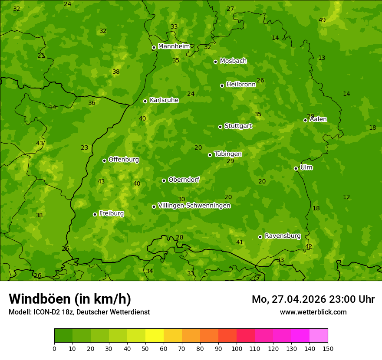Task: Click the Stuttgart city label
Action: point(238,126)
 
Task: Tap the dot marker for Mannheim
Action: point(154,48)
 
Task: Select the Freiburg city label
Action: point(111,213)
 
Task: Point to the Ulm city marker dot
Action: point(296,168)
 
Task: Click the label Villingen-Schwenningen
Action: point(194,206)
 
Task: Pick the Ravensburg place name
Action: point(283,236)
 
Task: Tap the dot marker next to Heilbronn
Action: point(222,85)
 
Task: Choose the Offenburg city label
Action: point(124,160)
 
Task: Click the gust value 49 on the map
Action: point(322,20)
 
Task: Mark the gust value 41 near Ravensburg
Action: point(240,242)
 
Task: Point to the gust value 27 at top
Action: point(231,9)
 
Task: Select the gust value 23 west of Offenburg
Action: point(85,147)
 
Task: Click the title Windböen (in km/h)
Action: point(70,299)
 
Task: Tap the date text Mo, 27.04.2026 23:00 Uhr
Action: point(313,299)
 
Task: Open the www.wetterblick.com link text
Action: point(313,312)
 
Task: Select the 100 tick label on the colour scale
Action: point(237,348)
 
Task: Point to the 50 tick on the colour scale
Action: point(145,348)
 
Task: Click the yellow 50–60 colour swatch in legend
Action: point(155,336)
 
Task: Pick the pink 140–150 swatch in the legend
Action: point(319,336)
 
